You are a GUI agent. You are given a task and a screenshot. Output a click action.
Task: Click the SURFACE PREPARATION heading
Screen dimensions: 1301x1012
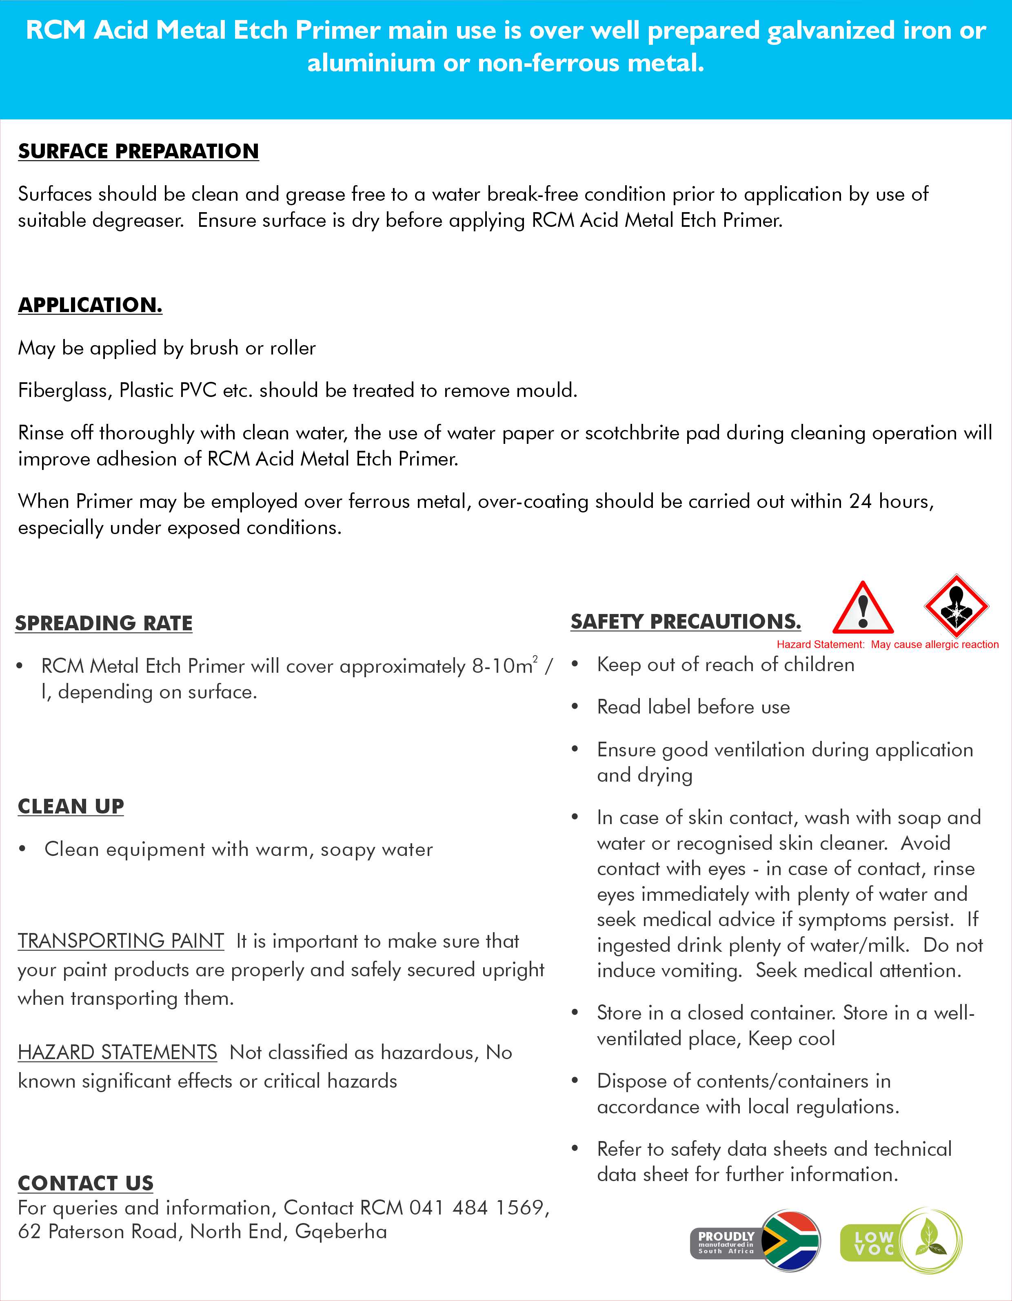[x=138, y=151]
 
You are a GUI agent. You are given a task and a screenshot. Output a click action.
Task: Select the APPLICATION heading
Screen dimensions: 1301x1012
[x=90, y=305]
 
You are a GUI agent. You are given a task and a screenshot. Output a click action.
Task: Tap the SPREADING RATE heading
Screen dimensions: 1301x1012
[x=104, y=623]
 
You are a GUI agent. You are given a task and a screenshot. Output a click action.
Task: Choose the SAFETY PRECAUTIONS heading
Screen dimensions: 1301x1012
[x=686, y=621]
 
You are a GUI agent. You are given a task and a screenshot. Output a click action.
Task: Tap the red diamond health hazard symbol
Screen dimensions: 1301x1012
[x=956, y=606]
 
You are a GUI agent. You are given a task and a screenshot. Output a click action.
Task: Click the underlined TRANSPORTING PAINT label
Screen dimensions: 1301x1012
[x=121, y=941]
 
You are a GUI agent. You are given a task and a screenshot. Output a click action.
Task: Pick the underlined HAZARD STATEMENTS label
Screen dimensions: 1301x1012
[x=118, y=1052]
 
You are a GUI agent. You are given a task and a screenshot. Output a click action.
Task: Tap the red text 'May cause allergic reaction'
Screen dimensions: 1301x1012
[x=934, y=645]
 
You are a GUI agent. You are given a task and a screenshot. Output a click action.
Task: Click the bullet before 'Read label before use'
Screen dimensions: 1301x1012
[x=575, y=707]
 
